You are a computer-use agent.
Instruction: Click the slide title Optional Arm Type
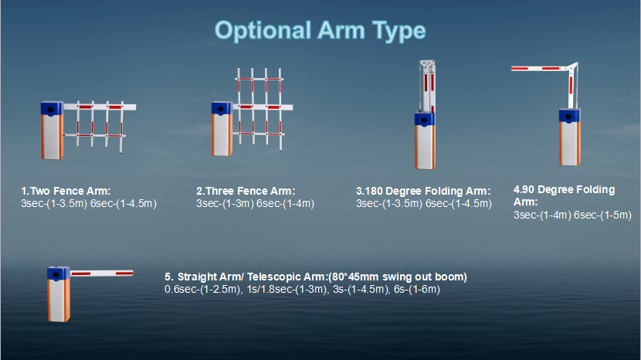click(320, 31)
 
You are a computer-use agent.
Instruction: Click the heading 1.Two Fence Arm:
click(66, 191)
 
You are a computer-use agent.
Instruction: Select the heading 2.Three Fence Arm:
click(246, 191)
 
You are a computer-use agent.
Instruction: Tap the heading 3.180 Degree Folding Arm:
click(423, 191)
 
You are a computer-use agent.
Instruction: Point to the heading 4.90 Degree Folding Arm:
click(564, 195)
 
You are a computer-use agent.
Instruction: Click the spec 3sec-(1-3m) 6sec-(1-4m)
click(255, 204)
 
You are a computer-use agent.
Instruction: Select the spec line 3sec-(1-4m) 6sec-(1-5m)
click(572, 216)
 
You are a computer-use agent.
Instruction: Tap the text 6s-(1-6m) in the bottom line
click(417, 290)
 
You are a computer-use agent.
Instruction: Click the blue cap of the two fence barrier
click(52, 109)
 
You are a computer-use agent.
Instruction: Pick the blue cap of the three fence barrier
click(222, 108)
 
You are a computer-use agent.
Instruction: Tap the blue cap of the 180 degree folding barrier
click(425, 119)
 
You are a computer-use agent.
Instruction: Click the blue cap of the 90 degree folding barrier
click(569, 116)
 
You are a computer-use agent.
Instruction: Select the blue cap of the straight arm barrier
click(59, 273)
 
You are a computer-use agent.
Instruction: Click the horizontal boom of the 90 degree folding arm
click(539, 68)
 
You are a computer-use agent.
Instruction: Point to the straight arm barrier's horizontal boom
click(101, 273)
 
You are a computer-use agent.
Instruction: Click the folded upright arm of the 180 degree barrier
click(427, 86)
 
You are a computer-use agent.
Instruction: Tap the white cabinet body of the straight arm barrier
click(59, 301)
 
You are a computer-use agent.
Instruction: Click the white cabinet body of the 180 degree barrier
click(425, 148)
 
